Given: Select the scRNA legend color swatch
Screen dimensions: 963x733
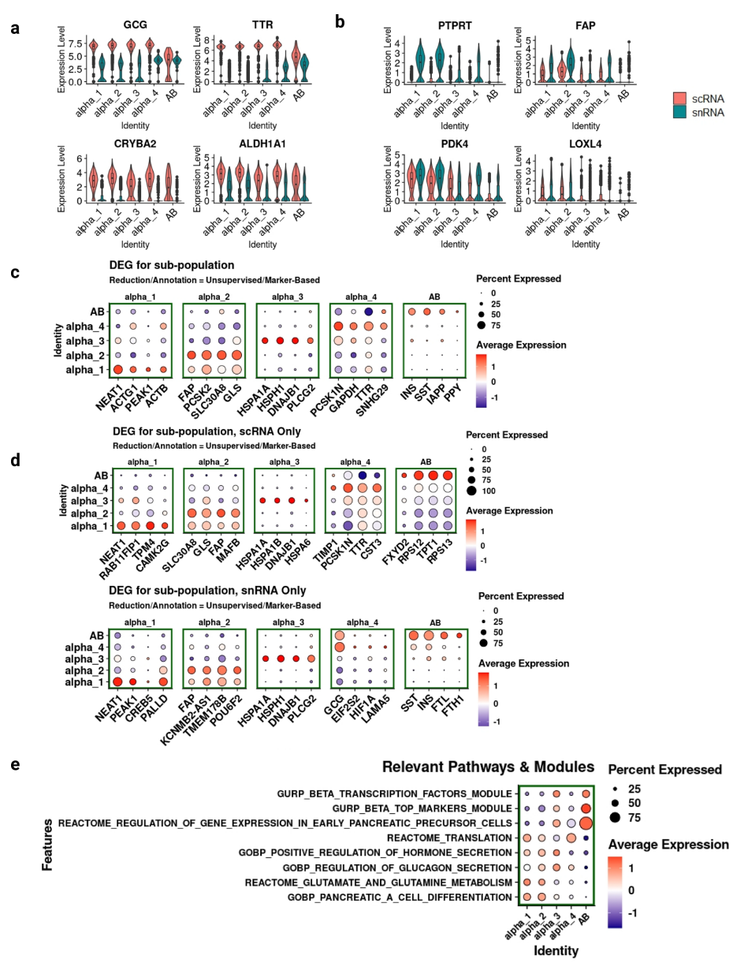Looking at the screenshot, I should coord(680,99).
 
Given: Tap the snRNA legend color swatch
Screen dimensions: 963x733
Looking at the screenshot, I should coord(680,114).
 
